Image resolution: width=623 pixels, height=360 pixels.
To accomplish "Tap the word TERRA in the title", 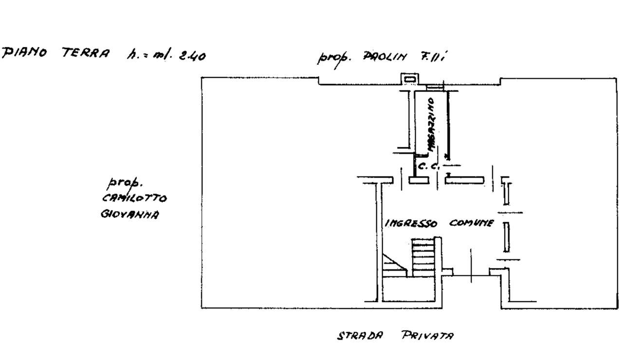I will click(86, 53).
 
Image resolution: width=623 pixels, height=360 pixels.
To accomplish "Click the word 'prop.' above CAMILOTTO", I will click(125, 183).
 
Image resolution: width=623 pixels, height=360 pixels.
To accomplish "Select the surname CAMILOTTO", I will click(134, 198).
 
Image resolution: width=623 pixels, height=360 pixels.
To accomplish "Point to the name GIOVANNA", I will click(130, 215).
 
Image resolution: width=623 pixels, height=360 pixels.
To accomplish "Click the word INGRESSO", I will click(411, 224).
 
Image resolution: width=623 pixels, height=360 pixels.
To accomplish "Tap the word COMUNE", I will click(471, 223).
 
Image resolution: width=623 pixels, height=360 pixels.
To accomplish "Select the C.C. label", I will click(428, 167).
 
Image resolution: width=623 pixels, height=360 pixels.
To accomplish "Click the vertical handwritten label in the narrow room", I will click(431, 126).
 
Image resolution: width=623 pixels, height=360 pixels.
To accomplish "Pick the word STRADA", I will click(360, 335).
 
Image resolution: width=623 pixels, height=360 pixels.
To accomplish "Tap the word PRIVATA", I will click(428, 335).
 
